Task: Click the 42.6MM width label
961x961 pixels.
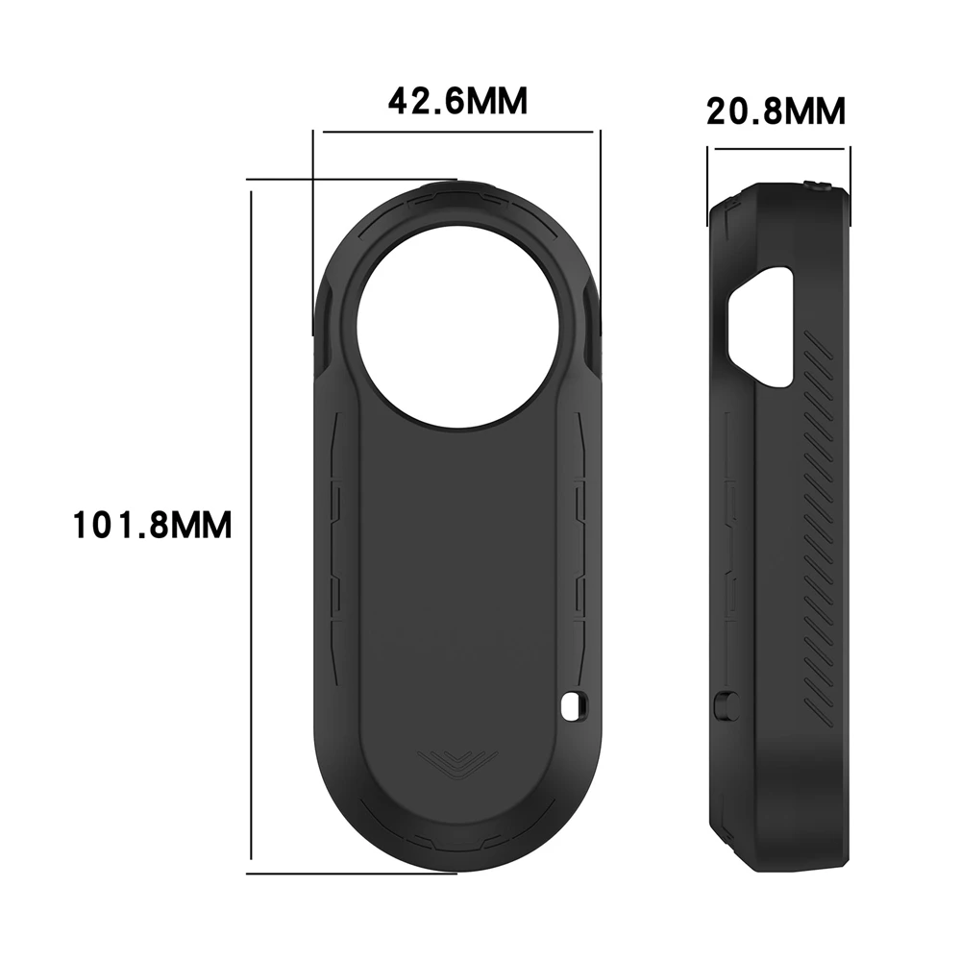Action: tap(457, 101)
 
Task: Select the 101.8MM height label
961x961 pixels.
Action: tap(153, 526)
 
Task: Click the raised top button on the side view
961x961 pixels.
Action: tap(820, 185)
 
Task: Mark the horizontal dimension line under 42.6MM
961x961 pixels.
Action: tap(457, 132)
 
